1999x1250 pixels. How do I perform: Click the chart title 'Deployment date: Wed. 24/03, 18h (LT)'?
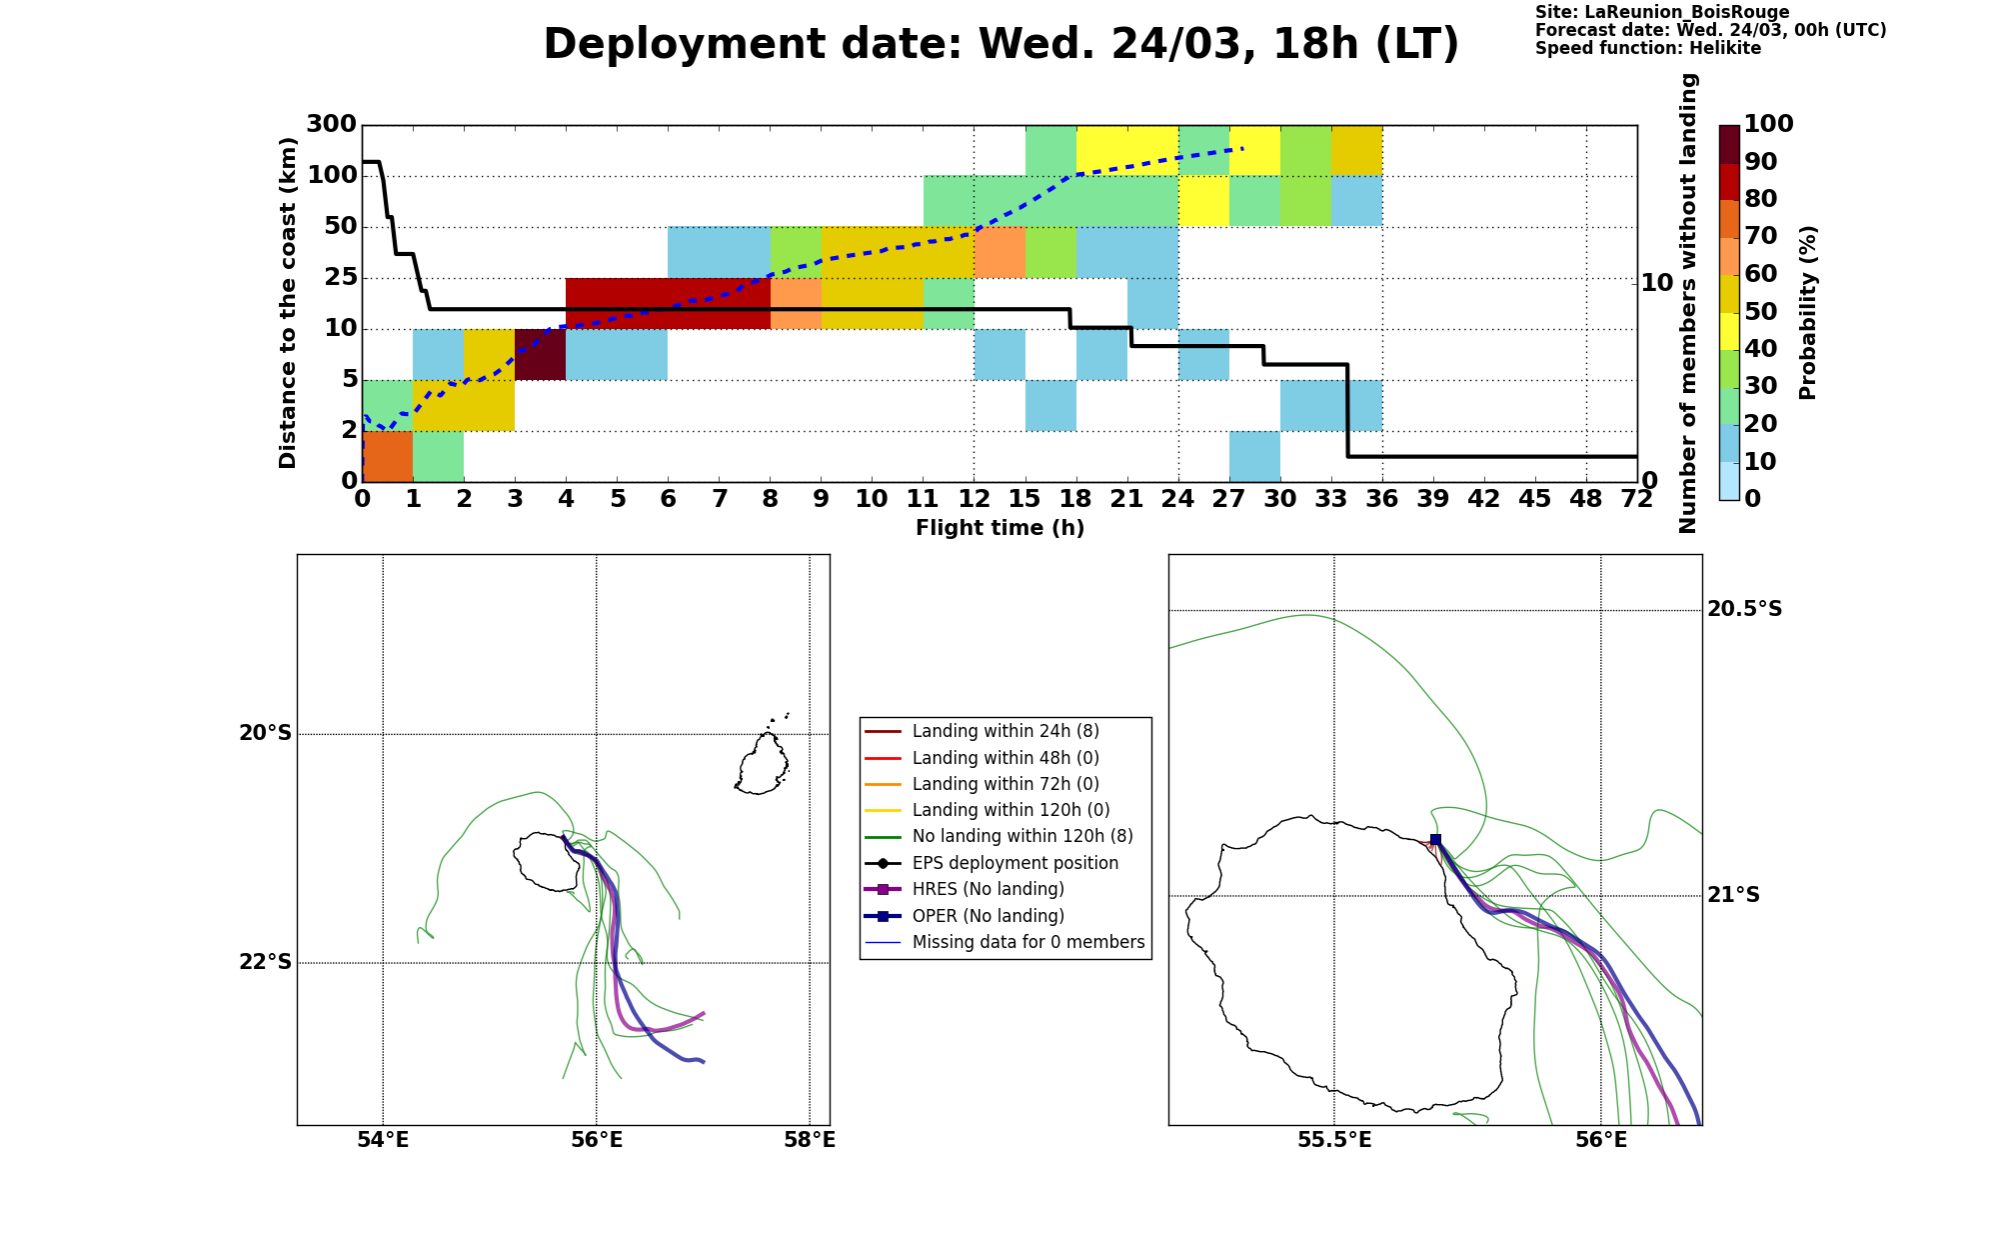(x=1000, y=45)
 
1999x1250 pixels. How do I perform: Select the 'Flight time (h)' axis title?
(x=999, y=528)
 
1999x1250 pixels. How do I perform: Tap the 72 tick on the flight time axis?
(x=1637, y=499)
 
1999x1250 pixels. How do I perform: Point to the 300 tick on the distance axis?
(x=331, y=125)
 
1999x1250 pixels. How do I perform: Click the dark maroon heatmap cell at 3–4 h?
(x=540, y=354)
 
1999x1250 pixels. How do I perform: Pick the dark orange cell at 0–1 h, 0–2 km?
(x=387, y=456)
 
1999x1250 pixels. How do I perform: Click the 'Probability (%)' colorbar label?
(x=1807, y=313)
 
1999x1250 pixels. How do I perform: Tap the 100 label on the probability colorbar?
(x=1768, y=124)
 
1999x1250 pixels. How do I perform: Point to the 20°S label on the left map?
(x=265, y=734)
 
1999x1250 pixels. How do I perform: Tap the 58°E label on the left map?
(x=809, y=1141)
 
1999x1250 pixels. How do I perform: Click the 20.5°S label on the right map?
(x=1744, y=609)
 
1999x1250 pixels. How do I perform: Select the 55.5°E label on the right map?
(x=1334, y=1141)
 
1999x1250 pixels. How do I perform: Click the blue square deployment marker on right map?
(x=1435, y=840)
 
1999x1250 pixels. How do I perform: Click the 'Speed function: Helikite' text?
(x=1647, y=48)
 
